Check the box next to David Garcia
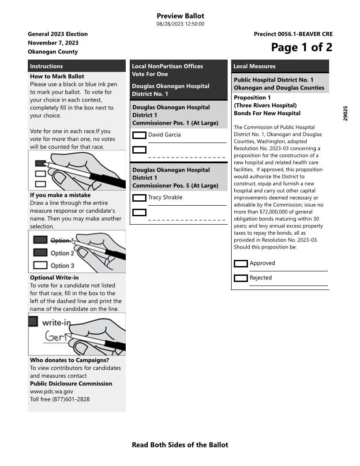tap(139, 135)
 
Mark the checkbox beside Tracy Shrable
tap(139, 198)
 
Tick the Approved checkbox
tap(240, 263)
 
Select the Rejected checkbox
tap(240, 278)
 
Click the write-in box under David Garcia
tap(139, 150)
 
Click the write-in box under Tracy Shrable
tap(139, 213)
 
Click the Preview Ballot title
tap(180, 16)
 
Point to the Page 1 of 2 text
tap(301, 47)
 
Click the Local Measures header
tap(254, 66)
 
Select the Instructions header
tap(46, 66)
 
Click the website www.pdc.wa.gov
tap(52, 391)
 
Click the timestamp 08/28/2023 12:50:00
tap(180, 24)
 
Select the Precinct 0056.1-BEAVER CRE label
tap(293, 34)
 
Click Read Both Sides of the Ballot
tap(180, 445)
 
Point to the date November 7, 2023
tap(53, 43)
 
